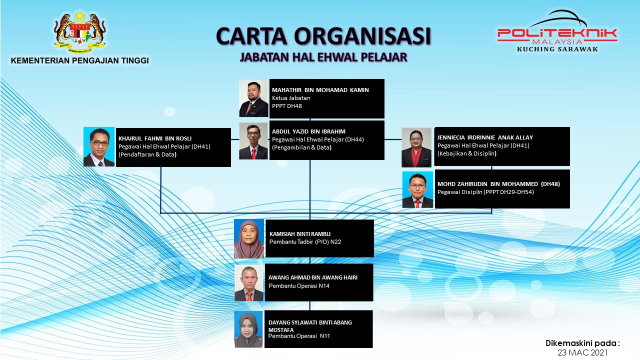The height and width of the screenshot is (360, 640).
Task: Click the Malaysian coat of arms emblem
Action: (79, 32)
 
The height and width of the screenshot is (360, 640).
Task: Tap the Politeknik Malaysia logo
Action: (557, 31)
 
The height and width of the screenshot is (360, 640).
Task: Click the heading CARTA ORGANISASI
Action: (323, 36)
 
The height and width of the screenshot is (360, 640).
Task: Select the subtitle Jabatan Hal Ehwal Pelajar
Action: (323, 57)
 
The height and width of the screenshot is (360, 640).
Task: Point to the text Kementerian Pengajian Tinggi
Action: (79, 60)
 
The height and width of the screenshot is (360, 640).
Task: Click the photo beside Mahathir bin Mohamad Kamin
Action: (253, 98)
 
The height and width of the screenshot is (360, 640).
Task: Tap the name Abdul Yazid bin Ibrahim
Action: (308, 131)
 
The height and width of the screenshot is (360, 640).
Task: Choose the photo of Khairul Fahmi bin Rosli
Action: (99, 147)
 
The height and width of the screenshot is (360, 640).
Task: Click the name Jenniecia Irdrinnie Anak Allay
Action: (485, 137)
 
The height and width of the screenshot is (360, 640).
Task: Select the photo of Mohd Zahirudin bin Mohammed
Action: (417, 189)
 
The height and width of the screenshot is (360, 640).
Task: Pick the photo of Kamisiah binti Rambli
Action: (249, 239)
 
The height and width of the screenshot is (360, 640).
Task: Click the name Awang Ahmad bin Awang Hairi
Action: (313, 277)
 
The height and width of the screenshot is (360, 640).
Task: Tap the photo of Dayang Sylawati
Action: (248, 329)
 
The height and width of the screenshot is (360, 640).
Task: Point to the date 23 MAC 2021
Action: (582, 353)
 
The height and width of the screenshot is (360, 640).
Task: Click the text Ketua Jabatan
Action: (291, 98)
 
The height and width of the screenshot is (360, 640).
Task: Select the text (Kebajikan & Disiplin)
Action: (467, 153)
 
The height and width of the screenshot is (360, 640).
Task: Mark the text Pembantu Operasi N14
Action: (299, 285)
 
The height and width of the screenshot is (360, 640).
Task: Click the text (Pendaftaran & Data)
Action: (147, 154)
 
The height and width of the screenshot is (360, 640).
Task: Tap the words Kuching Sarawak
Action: (557, 49)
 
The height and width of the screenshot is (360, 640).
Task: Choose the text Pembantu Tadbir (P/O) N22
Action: (305, 242)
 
